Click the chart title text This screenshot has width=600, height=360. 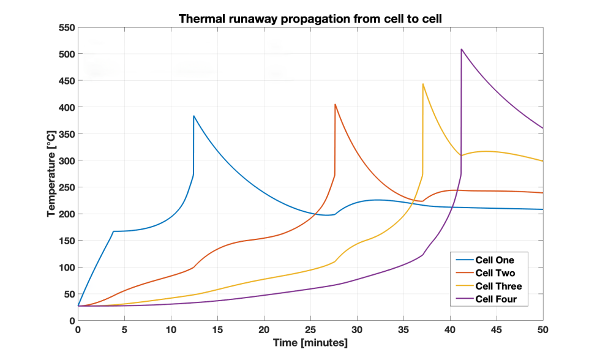310,19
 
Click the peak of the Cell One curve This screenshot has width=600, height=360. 193,116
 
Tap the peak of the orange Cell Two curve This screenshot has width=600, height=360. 335,104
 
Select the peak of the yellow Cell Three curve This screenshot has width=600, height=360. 422,84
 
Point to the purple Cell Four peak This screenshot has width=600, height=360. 461,49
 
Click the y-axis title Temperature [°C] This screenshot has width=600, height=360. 52,174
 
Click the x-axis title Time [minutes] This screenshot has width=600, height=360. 310,343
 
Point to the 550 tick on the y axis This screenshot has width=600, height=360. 66,28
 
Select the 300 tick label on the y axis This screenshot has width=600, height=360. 66,161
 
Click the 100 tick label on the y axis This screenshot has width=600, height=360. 66,268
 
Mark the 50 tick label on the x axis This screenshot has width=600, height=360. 542,329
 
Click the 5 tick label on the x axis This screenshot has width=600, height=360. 124,329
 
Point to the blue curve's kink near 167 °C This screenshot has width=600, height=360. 113,231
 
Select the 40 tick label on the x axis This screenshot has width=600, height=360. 450,329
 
